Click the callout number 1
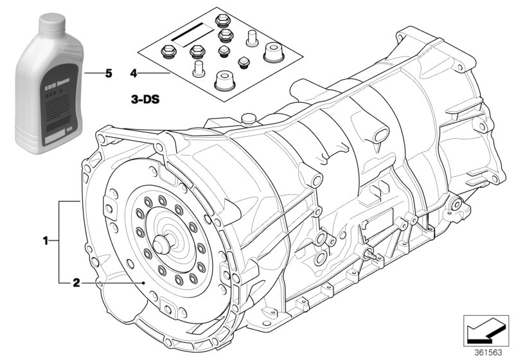tap(46, 241)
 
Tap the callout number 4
tap(134, 74)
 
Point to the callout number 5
tap(108, 74)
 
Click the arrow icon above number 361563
tap(486, 330)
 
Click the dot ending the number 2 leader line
tap(147, 282)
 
